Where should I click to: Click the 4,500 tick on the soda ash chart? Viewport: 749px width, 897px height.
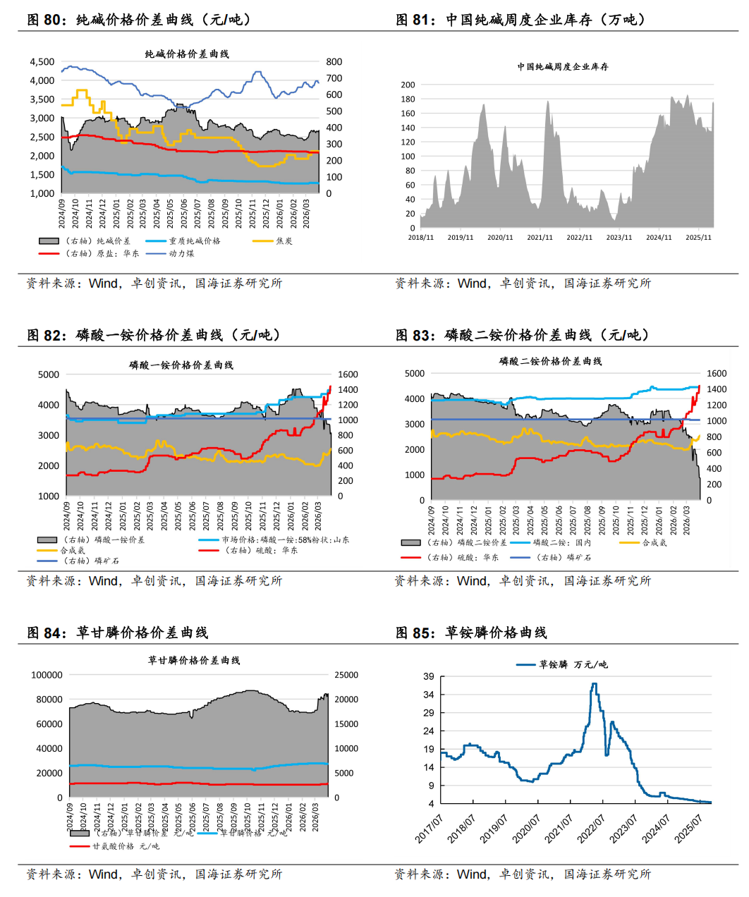(42, 62)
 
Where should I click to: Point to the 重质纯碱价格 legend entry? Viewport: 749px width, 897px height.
(194, 241)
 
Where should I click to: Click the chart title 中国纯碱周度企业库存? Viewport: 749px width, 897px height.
(562, 67)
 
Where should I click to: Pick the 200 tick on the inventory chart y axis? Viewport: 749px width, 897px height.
(408, 85)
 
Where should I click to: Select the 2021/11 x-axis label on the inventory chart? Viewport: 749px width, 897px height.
(540, 238)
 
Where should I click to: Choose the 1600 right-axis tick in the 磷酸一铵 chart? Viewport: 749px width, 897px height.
(348, 374)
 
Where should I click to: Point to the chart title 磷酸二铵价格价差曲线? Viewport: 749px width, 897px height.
(550, 361)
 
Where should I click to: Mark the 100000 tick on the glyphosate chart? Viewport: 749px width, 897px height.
(47, 675)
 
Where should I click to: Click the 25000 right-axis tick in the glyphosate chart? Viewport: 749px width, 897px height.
(346, 675)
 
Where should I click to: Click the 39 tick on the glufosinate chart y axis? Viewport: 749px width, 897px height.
(429, 676)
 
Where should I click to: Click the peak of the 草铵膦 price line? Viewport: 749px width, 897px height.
(595, 683)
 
